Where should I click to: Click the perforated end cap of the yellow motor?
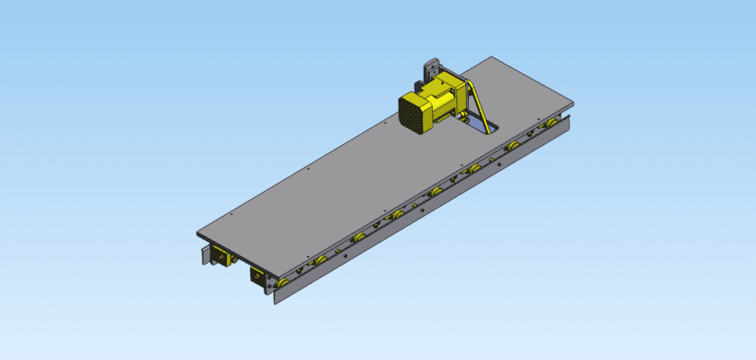click(415, 114)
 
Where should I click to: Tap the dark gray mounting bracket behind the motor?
click(429, 72)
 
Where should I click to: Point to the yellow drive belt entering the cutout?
click(477, 109)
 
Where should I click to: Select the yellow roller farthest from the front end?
click(551, 122)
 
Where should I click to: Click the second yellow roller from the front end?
click(320, 260)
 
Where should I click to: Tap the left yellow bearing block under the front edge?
click(220, 257)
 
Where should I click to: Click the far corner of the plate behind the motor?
click(490, 58)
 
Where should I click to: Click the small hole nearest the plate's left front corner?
click(232, 214)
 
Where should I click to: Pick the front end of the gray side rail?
click(275, 297)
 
